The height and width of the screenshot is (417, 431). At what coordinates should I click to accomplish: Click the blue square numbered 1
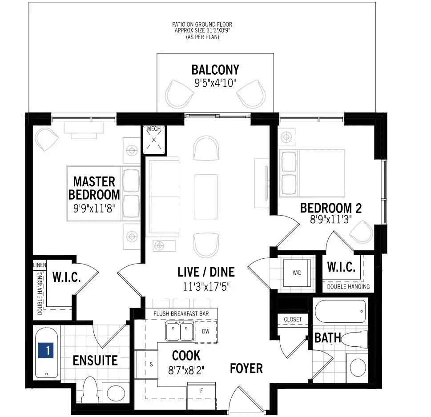pyautogui.click(x=46, y=350)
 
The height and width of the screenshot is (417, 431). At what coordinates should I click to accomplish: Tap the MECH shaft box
pyautogui.click(x=154, y=140)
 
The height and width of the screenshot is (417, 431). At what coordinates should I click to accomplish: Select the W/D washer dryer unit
pyautogui.click(x=297, y=273)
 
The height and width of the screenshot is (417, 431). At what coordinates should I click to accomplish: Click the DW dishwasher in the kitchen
pyautogui.click(x=205, y=331)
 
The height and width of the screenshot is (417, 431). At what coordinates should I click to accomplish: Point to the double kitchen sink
pyautogui.click(x=180, y=331)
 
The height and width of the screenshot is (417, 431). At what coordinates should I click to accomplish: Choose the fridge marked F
pyautogui.click(x=201, y=396)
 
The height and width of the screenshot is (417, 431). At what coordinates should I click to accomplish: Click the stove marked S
pyautogui.click(x=147, y=364)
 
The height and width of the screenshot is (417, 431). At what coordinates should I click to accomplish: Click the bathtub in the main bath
pyautogui.click(x=340, y=311)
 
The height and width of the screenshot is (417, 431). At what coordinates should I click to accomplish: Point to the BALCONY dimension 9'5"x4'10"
pyautogui.click(x=215, y=83)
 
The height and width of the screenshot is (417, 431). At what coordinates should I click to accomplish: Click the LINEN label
pyautogui.click(x=40, y=265)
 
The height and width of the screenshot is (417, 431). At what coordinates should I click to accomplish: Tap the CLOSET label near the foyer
pyautogui.click(x=293, y=319)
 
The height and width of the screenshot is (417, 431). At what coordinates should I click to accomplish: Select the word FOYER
pyautogui.click(x=246, y=369)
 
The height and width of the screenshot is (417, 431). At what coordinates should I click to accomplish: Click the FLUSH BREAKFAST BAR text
pyautogui.click(x=181, y=314)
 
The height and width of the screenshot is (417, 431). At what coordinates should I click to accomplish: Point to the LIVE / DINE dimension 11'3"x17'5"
pyautogui.click(x=206, y=287)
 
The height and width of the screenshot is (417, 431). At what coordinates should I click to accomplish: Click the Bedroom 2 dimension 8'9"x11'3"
pyautogui.click(x=331, y=220)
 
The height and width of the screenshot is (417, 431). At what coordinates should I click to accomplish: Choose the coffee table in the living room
pyautogui.click(x=206, y=196)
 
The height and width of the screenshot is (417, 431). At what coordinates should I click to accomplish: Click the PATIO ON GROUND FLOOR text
pyautogui.click(x=202, y=24)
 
